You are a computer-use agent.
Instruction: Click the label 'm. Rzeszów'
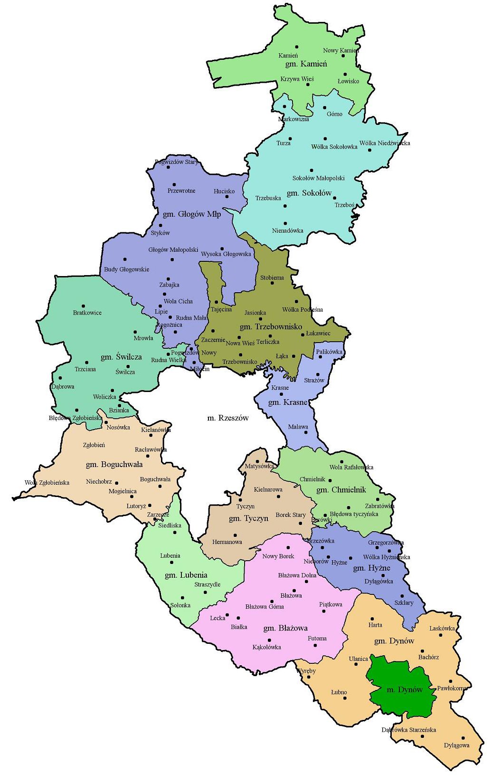[228, 418]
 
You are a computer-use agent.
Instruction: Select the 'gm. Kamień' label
[306, 64]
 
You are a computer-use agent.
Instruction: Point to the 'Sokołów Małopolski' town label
[318, 178]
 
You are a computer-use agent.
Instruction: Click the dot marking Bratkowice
[83, 306]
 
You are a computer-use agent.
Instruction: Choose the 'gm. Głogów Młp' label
[192, 214]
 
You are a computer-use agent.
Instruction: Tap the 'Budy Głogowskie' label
[126, 269]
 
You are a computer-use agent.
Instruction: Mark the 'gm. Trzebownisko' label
[271, 327]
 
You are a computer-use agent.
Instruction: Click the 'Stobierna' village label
[272, 277]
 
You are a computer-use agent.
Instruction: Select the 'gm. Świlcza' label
[121, 357]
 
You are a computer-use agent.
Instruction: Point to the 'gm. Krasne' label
[288, 402]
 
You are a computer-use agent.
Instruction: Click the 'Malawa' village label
[298, 427]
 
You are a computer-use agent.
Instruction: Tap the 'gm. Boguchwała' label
[114, 464]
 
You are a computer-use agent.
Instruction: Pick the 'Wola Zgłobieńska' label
[47, 483]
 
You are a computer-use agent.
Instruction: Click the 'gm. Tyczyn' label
[248, 518]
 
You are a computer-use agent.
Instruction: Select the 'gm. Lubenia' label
[186, 575]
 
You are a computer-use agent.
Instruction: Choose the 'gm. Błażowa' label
[285, 628]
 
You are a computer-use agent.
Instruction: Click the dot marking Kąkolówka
[269, 640]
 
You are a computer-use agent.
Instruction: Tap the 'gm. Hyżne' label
[372, 568]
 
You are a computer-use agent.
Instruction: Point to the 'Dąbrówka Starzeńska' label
[408, 730]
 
